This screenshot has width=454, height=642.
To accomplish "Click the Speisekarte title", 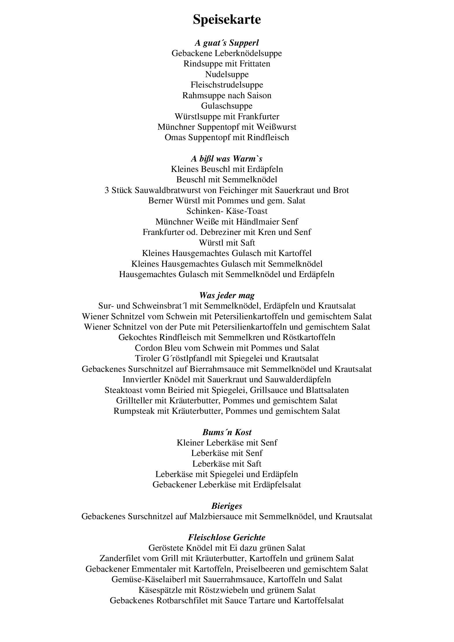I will [x=227, y=20].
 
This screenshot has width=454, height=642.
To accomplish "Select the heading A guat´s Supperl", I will [x=227, y=43].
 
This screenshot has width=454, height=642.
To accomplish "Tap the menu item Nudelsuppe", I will [x=227, y=74].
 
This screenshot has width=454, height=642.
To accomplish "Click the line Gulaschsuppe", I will [x=227, y=106].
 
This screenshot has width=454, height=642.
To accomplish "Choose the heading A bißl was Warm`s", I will [x=227, y=159].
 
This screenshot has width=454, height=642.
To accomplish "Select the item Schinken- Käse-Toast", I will [x=227, y=211].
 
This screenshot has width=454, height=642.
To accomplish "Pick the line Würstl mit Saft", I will [x=227, y=242].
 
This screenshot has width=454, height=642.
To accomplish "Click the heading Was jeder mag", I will [x=227, y=295].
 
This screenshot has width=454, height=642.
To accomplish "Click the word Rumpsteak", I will [x=134, y=411].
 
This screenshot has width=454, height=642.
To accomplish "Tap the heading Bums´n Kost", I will [x=227, y=432].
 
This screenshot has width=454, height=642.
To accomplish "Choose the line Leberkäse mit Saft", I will [x=227, y=464].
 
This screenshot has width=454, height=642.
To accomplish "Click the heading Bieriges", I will [x=227, y=506].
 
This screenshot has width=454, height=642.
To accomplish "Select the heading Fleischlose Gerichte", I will [x=227, y=537].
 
